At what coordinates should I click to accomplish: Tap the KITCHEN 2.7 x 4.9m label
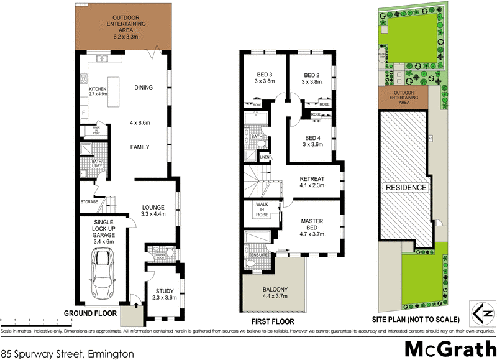tap(98, 92)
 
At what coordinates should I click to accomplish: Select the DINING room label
tap(144, 88)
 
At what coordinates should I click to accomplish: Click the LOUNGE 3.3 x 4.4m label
tap(152, 211)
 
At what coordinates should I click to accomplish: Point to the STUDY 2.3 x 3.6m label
tap(165, 294)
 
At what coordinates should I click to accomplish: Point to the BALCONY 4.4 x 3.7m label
tap(275, 293)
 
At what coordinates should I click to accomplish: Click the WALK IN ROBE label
tap(261, 210)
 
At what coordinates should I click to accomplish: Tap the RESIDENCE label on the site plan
tap(407, 187)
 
